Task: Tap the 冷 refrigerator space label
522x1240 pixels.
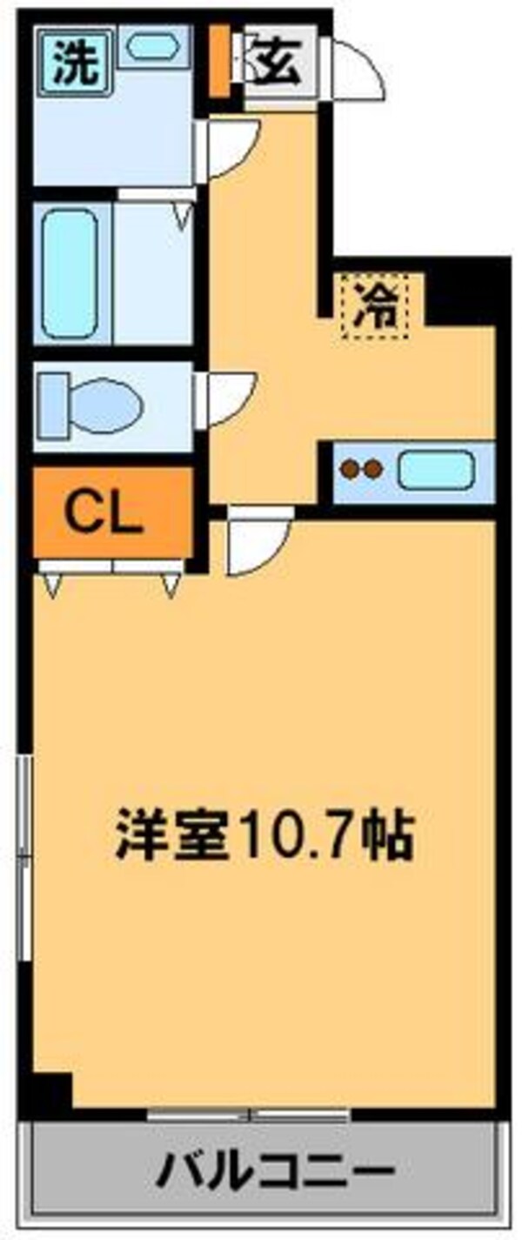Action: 380,306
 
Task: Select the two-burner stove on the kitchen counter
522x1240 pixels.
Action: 361,470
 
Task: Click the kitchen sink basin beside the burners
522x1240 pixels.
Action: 435,471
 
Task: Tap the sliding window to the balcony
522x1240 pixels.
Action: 249,1112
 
